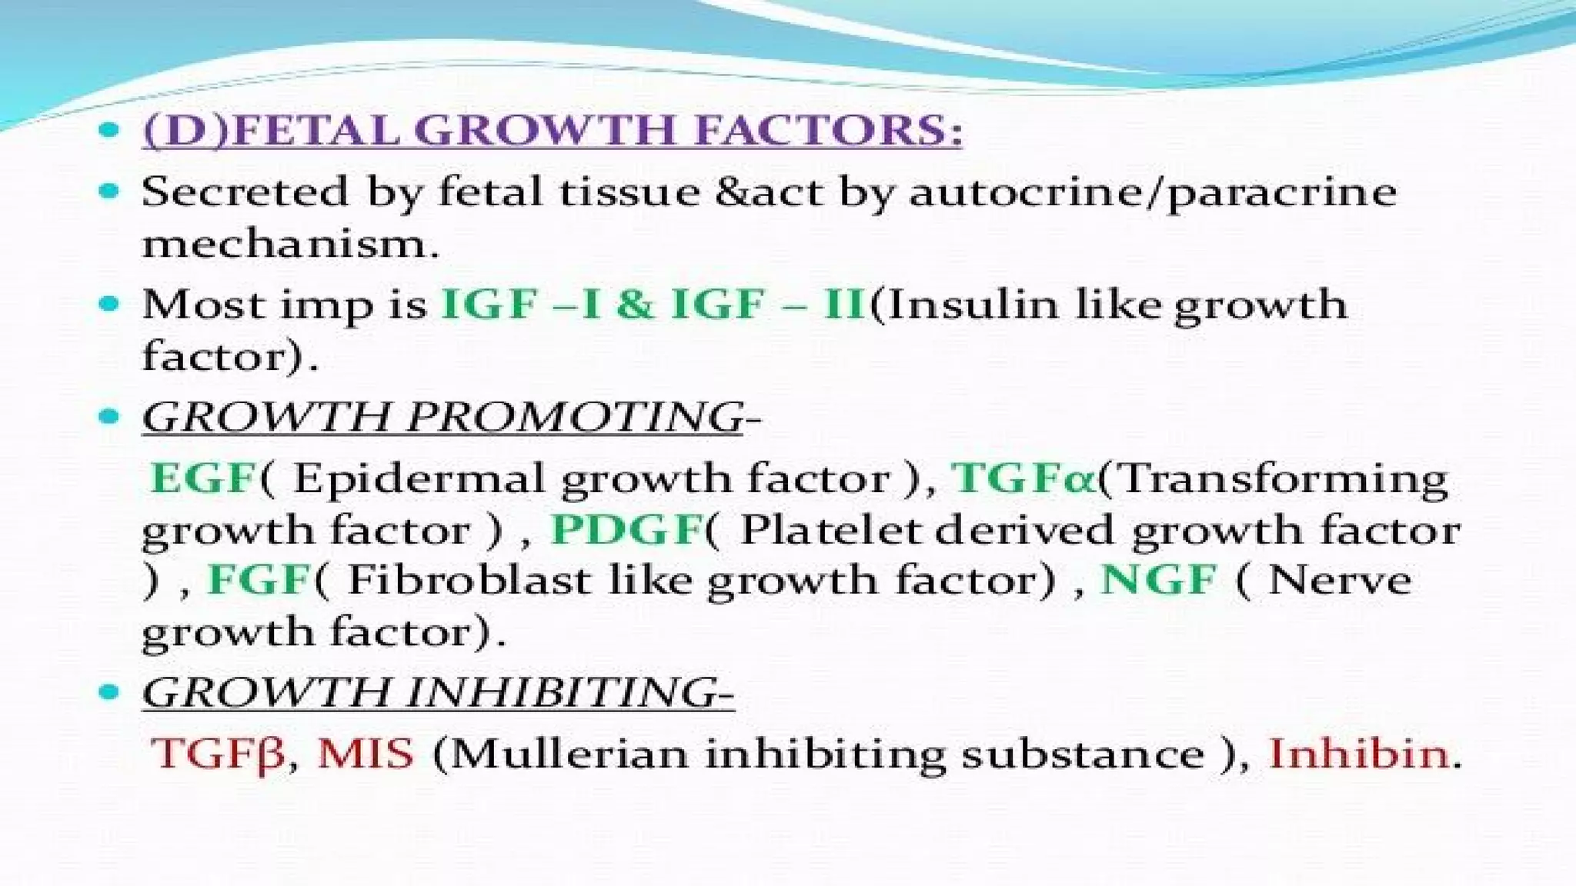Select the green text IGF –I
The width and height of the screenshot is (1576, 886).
tap(520, 305)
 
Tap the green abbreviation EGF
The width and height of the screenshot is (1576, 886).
tap(202, 478)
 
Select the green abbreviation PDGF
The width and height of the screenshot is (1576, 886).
tap(627, 530)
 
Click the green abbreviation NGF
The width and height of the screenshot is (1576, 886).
tap(1159, 580)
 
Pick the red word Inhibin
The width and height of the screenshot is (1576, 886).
tap(1358, 753)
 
